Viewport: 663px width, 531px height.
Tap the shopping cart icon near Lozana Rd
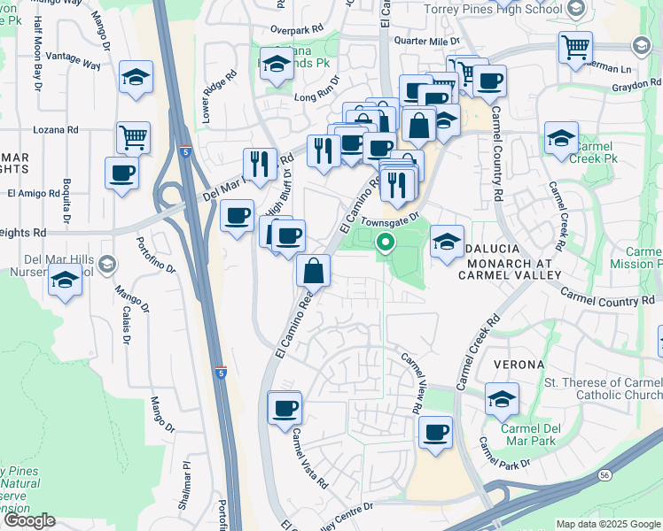click(x=133, y=137)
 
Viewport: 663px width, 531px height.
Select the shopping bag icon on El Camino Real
click(x=314, y=270)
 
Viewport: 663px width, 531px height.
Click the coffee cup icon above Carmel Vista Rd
click(x=285, y=409)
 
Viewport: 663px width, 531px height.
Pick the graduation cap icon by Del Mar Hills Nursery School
click(x=65, y=281)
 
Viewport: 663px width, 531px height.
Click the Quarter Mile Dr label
click(x=427, y=41)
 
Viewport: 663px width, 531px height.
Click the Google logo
click(x=28, y=521)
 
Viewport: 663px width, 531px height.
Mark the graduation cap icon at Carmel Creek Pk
click(x=561, y=138)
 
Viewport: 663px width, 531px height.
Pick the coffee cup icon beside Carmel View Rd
click(x=435, y=433)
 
